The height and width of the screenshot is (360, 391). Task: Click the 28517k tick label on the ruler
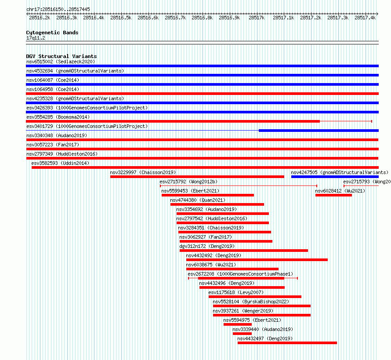pos(256,18)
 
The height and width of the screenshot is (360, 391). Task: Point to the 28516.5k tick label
pos(121,18)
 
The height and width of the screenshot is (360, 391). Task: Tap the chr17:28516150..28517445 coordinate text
pos(58,9)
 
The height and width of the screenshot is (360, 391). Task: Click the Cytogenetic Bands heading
pos(52,33)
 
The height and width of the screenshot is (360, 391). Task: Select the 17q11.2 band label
pos(36,38)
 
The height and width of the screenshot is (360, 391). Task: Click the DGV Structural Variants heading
pos(62,56)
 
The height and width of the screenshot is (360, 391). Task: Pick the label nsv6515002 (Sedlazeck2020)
pos(61,62)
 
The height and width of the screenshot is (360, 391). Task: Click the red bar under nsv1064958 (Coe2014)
pos(202,94)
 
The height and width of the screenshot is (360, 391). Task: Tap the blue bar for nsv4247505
pos(335,177)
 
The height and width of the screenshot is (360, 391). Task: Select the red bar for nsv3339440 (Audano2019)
pos(242,334)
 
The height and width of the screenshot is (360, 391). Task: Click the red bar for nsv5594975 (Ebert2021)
pos(238,324)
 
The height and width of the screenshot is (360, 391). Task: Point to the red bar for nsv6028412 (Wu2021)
pos(333,195)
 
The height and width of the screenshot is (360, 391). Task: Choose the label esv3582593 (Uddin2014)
pos(60,163)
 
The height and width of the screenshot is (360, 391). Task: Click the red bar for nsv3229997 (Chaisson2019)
pos(197,177)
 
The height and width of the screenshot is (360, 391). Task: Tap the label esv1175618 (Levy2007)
pos(236,292)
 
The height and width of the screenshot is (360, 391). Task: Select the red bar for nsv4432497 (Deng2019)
pos(287,343)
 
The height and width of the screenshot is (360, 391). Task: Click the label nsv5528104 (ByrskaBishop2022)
pos(251,302)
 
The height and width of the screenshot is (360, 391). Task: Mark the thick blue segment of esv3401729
pos(319,131)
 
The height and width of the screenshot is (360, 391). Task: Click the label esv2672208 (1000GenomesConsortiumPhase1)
pos(240,274)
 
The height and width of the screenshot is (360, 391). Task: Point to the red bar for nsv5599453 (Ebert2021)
pos(208,195)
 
